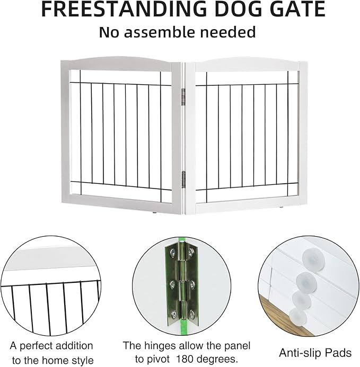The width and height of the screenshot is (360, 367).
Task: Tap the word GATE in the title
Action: click(296, 9)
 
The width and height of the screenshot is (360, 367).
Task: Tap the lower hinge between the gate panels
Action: click(183, 180)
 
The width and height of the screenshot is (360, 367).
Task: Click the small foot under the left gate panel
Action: click(154, 213)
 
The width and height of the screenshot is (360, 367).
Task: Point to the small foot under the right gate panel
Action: click(281, 207)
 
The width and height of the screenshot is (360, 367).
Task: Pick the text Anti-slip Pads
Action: click(315, 353)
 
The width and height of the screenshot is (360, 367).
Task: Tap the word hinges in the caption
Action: click(160, 346)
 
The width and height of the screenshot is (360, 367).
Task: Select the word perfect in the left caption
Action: click(36, 346)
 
